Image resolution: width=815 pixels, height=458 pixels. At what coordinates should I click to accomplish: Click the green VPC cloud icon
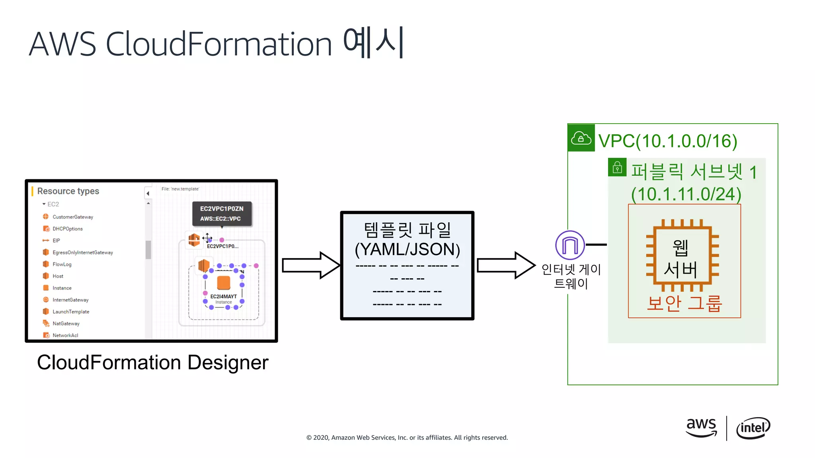click(581, 138)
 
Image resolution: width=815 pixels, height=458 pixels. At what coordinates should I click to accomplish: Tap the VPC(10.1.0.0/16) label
click(667, 141)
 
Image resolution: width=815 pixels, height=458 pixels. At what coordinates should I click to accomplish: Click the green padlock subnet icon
click(617, 167)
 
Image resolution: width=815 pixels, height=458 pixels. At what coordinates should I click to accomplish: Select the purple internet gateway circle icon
click(570, 245)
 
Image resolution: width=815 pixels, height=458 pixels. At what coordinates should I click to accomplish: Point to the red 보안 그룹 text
click(684, 303)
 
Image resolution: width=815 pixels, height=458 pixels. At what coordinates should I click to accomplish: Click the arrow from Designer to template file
click(311, 265)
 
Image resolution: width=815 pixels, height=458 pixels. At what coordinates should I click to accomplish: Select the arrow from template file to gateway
click(506, 265)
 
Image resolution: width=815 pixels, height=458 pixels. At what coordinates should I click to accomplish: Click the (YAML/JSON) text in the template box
click(407, 250)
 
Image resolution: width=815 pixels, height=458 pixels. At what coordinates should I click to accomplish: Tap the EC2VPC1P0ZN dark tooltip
click(222, 213)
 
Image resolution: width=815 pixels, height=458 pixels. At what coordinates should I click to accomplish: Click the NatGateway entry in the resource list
click(66, 324)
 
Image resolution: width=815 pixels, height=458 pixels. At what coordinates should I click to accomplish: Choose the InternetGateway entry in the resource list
click(70, 300)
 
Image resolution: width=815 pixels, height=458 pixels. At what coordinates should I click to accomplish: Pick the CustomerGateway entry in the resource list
click(72, 217)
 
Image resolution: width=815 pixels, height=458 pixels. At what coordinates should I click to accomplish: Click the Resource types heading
click(68, 191)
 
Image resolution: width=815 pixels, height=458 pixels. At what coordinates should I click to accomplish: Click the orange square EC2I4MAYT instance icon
click(224, 283)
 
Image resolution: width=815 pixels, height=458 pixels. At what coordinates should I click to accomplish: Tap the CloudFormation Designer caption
click(153, 363)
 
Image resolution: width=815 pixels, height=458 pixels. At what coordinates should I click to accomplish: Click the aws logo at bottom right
click(701, 427)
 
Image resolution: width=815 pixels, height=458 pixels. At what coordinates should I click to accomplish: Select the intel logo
click(753, 428)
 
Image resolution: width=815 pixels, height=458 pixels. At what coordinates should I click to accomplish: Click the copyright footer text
click(407, 438)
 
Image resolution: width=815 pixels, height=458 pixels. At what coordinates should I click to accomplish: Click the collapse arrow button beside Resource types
click(148, 194)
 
